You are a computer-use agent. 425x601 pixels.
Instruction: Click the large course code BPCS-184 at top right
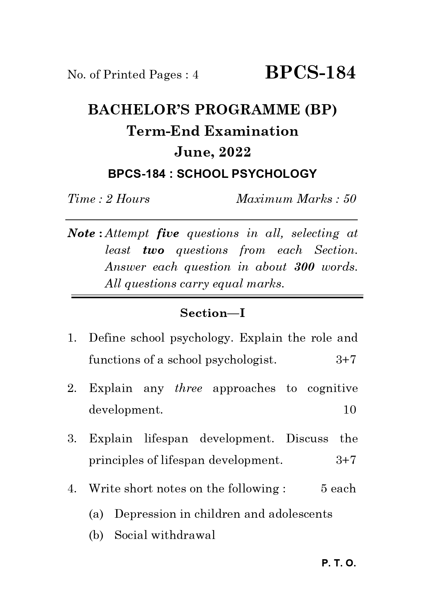pyautogui.click(x=310, y=73)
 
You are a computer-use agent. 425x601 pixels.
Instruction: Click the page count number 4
pyautogui.click(x=196, y=75)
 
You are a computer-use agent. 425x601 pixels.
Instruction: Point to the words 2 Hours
pyautogui.click(x=127, y=199)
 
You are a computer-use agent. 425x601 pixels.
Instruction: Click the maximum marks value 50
pyautogui.click(x=349, y=199)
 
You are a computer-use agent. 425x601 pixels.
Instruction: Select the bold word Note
pyautogui.click(x=82, y=233)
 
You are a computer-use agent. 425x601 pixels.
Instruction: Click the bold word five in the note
pyautogui.click(x=167, y=233)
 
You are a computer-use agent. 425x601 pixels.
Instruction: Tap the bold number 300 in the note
pyautogui.click(x=304, y=267)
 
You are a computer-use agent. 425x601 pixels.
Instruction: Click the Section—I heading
pyautogui.click(x=212, y=313)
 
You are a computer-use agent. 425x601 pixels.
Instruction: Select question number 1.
pyautogui.click(x=71, y=338)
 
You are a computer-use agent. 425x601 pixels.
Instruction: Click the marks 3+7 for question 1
pyautogui.click(x=346, y=359)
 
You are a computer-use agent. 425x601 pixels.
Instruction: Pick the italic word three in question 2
pyautogui.click(x=188, y=388)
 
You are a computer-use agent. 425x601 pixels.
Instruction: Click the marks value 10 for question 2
pyautogui.click(x=350, y=410)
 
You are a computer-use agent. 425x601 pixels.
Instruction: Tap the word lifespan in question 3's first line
pyautogui.click(x=166, y=439)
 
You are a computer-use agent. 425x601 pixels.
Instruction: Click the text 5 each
pyautogui.click(x=338, y=489)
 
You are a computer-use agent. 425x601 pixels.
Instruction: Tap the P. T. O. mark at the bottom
pyautogui.click(x=339, y=564)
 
